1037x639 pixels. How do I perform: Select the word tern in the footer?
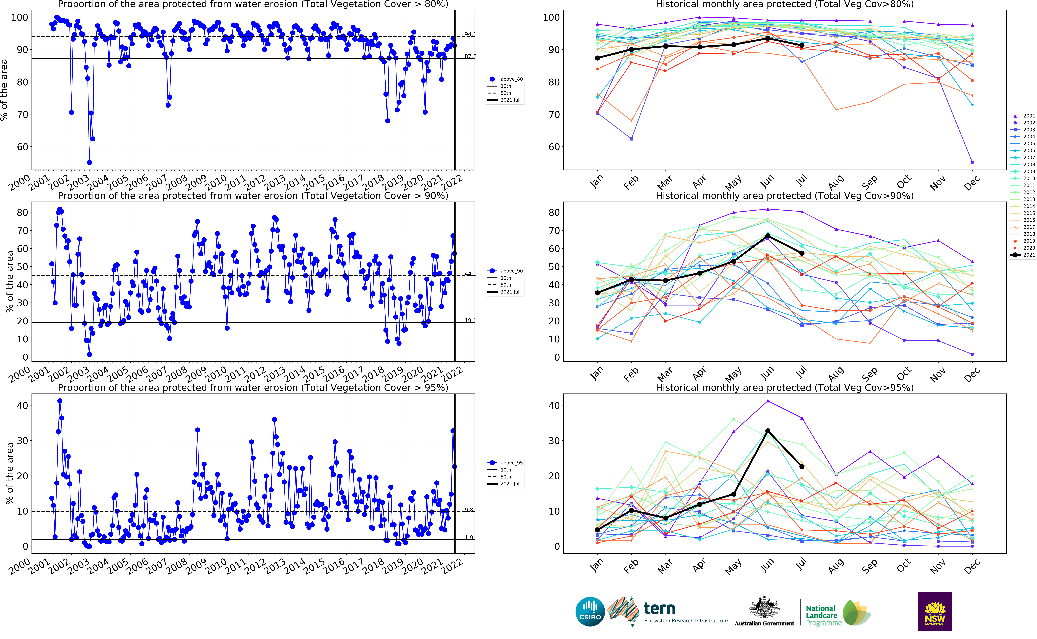click(659, 609)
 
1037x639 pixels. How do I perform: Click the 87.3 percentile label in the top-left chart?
click(470, 56)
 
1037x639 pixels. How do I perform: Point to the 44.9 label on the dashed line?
click(470, 274)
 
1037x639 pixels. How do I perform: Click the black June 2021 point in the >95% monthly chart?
click(768, 431)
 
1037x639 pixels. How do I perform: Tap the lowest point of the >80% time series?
click(89, 162)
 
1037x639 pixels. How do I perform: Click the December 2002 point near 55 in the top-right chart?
click(972, 162)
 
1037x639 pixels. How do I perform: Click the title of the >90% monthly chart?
click(784, 196)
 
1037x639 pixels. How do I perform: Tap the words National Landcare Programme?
click(823, 615)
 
